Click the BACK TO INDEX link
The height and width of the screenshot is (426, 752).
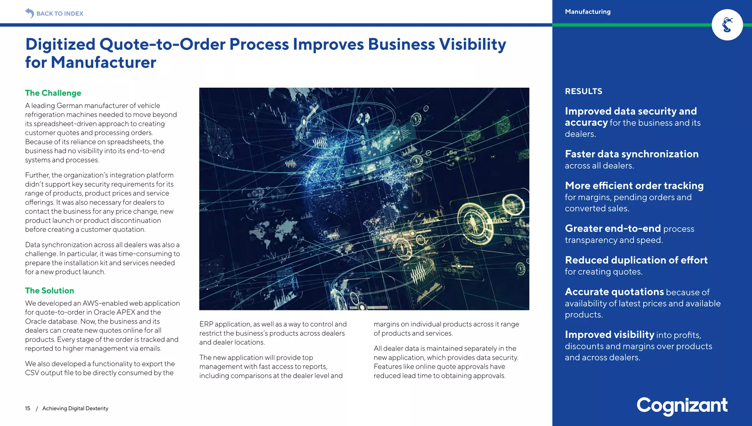pos(59,14)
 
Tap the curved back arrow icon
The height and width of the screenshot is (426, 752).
pos(29,13)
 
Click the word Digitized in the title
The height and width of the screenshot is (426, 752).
pos(60,44)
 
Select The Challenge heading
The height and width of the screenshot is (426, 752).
pos(53,93)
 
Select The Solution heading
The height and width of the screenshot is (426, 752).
pos(49,291)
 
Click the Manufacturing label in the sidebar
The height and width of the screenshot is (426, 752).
pos(587,12)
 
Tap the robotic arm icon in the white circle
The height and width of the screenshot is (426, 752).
pos(727,25)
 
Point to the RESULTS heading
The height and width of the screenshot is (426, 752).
pos(583,91)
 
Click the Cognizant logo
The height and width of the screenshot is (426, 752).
pos(681,405)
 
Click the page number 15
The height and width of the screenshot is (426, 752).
pos(28,408)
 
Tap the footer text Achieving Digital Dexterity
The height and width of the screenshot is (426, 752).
pos(75,408)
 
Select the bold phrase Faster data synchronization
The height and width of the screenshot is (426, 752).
pos(631,154)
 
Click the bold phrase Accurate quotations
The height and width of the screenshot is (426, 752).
pos(614,292)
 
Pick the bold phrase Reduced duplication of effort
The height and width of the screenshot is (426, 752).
pos(636,260)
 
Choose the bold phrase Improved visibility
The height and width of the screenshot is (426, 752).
pos(609,335)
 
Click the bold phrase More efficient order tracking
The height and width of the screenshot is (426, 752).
pos(634,186)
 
